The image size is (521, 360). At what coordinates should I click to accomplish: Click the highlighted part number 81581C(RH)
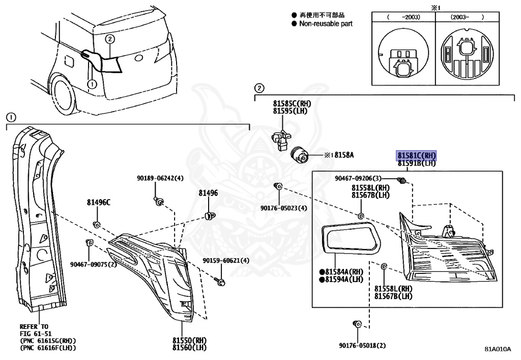[x=417, y=156]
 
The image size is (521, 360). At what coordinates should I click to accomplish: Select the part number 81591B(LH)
[x=417, y=163]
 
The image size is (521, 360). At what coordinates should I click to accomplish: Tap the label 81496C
[x=97, y=202]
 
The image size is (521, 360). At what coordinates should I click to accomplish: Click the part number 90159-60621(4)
[x=226, y=261]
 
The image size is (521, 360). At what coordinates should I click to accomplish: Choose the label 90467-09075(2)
[x=94, y=264]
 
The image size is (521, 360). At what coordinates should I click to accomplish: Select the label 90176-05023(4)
[x=284, y=208]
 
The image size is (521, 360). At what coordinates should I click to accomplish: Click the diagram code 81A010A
[x=497, y=349]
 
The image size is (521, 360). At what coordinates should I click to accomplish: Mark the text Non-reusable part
[x=326, y=23]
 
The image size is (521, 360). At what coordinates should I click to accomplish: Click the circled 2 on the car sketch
[x=110, y=39]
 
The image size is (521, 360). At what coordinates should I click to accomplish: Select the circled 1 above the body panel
[x=12, y=117]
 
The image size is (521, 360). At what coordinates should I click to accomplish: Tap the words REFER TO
[x=34, y=326]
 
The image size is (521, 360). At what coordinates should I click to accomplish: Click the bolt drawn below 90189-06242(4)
[x=159, y=202]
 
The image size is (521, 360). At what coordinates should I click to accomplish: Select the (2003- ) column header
[x=467, y=17]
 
